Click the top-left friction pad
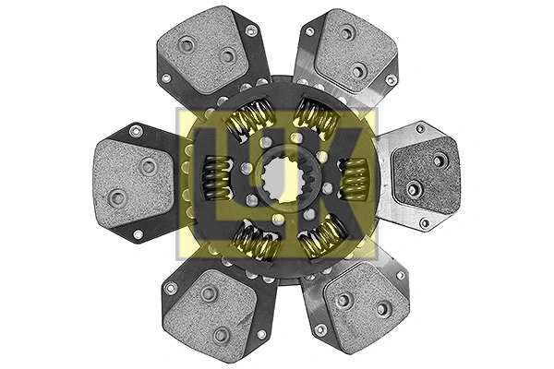tap(205, 51)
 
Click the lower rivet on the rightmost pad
tap(413, 189)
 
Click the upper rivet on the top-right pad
tap(346, 34)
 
